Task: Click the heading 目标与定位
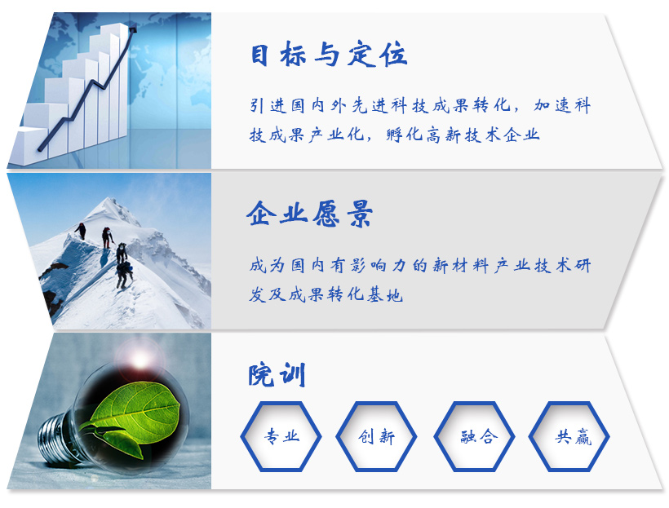[329, 54]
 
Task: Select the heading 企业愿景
[310, 214]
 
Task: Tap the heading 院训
[277, 374]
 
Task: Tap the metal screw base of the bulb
[55, 439]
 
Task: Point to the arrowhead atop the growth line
[133, 29]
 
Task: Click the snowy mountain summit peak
[112, 199]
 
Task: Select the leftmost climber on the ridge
[81, 231]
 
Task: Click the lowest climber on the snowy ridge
[124, 274]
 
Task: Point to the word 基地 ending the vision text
[385, 294]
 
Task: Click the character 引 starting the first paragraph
[257, 105]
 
